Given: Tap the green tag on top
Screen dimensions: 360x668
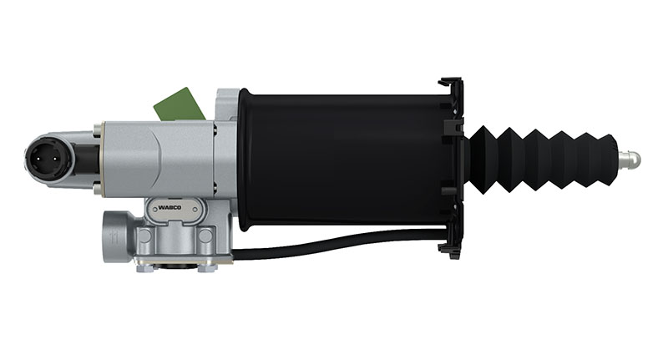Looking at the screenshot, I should click(178, 104).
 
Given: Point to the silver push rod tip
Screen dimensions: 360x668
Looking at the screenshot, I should click(630, 157).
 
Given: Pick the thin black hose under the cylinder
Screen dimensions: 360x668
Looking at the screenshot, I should click(334, 242).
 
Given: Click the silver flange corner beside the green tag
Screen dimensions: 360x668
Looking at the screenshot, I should click(225, 100).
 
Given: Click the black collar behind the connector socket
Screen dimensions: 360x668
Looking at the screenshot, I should click(84, 156).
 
